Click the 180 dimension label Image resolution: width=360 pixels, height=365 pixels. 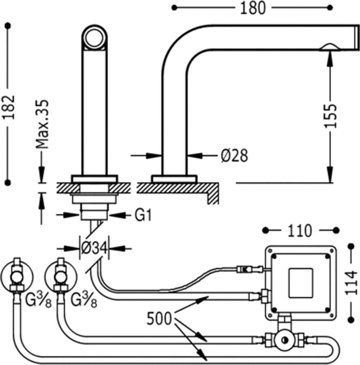pyautogui.click(x=253, y=8)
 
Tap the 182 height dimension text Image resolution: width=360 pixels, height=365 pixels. pyautogui.click(x=9, y=107)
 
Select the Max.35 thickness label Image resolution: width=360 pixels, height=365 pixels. pyautogui.click(x=42, y=125)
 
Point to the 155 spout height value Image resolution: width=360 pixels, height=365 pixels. pyautogui.click(x=331, y=116)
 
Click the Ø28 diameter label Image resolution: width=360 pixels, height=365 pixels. pyautogui.click(x=234, y=155)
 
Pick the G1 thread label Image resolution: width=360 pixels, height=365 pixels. pyautogui.click(x=143, y=215)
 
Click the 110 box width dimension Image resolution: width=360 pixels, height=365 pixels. pyautogui.click(x=300, y=231)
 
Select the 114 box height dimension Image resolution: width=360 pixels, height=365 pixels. pyautogui.click(x=351, y=283)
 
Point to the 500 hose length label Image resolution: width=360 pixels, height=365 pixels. pyautogui.click(x=159, y=318)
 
